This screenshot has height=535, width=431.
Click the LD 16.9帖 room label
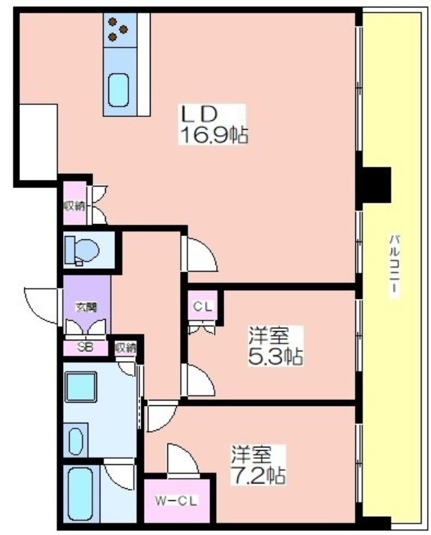212,124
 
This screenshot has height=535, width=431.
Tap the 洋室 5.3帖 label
275,346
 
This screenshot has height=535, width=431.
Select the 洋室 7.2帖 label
258,464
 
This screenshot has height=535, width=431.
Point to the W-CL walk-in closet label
177,501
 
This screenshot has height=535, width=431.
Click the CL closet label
203,306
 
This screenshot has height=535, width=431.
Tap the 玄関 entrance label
86,308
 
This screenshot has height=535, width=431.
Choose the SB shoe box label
85,347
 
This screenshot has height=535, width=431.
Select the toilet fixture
82,251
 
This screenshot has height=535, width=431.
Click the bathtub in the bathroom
81,494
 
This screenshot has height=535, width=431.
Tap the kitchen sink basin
119,90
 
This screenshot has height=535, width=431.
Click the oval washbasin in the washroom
76,441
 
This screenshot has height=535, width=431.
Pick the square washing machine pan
81,387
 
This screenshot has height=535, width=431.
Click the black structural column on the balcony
376,185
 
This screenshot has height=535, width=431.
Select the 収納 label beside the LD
74,206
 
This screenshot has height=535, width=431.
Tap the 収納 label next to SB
125,348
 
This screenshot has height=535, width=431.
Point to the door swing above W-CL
183,459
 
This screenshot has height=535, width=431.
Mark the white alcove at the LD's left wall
38,142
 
